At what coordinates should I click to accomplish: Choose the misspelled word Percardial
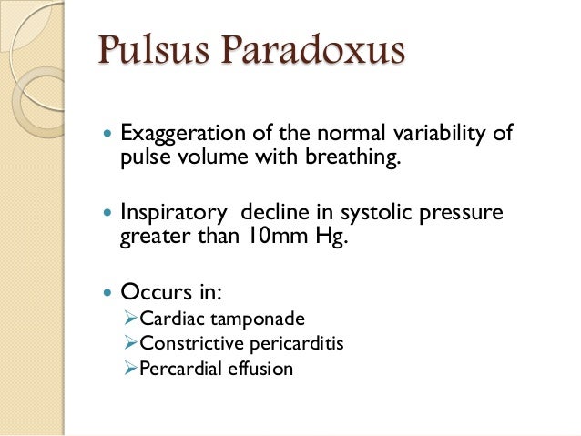click(x=177, y=370)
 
